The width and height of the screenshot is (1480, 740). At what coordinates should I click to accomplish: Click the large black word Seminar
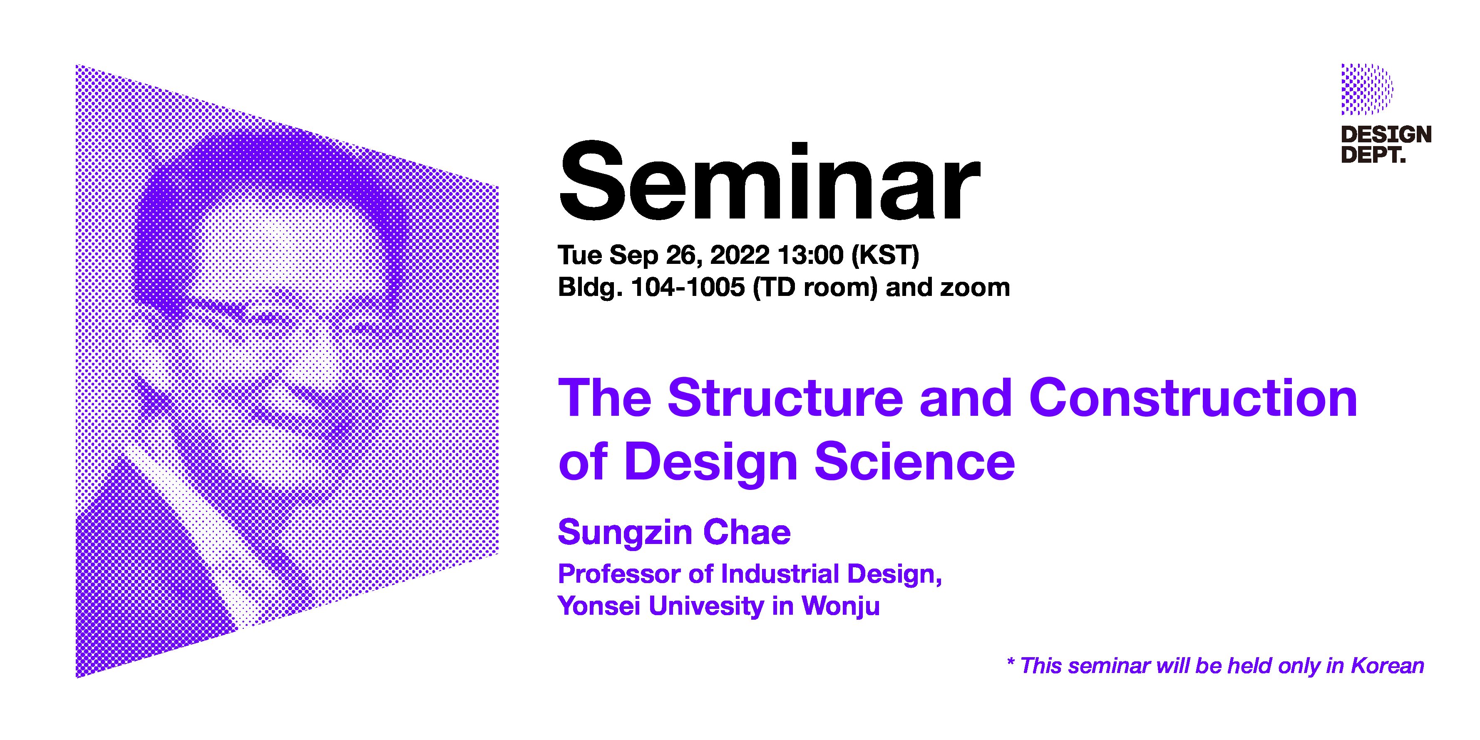(769, 182)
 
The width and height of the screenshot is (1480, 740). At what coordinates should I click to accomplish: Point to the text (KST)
(885, 255)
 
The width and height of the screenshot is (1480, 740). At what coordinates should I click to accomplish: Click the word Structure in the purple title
(785, 398)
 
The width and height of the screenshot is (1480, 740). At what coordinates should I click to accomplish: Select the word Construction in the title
(1193, 398)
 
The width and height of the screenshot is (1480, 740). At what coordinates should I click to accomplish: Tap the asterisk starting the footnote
(1011, 662)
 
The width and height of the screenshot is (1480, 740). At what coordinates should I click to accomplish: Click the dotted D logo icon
(1367, 89)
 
